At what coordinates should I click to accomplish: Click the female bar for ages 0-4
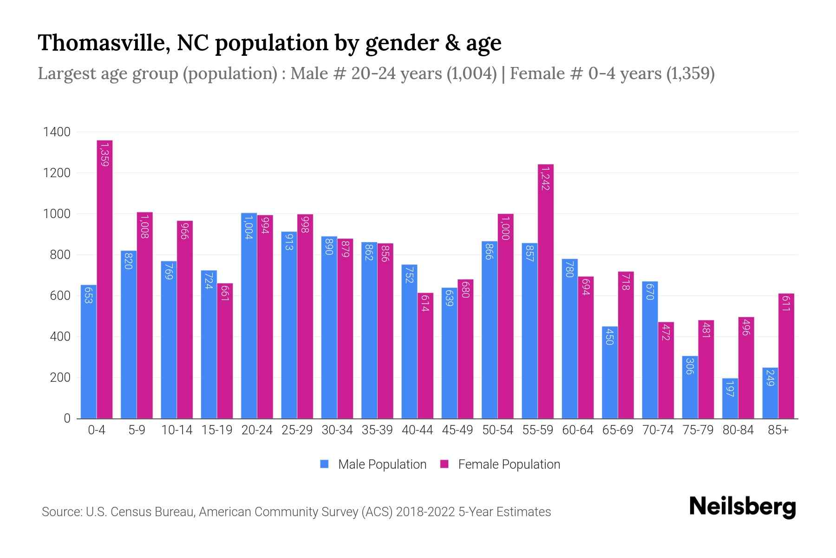104,279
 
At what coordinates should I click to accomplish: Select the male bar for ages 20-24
249,316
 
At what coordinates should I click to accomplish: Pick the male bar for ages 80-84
730,399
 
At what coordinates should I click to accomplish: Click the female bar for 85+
786,356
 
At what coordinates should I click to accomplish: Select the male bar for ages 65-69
610,372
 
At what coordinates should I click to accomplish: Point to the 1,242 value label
546,179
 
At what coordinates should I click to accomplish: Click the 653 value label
88,295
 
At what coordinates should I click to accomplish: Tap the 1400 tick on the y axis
57,132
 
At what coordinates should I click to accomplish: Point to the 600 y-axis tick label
60,296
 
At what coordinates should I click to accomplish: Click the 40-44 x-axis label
417,430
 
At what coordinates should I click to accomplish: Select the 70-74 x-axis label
658,430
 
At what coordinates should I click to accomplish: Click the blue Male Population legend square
324,464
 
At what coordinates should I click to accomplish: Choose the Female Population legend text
509,464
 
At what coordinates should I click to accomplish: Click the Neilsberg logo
742,507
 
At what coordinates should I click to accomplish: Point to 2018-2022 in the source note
425,512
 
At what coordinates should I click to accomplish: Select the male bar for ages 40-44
409,342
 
